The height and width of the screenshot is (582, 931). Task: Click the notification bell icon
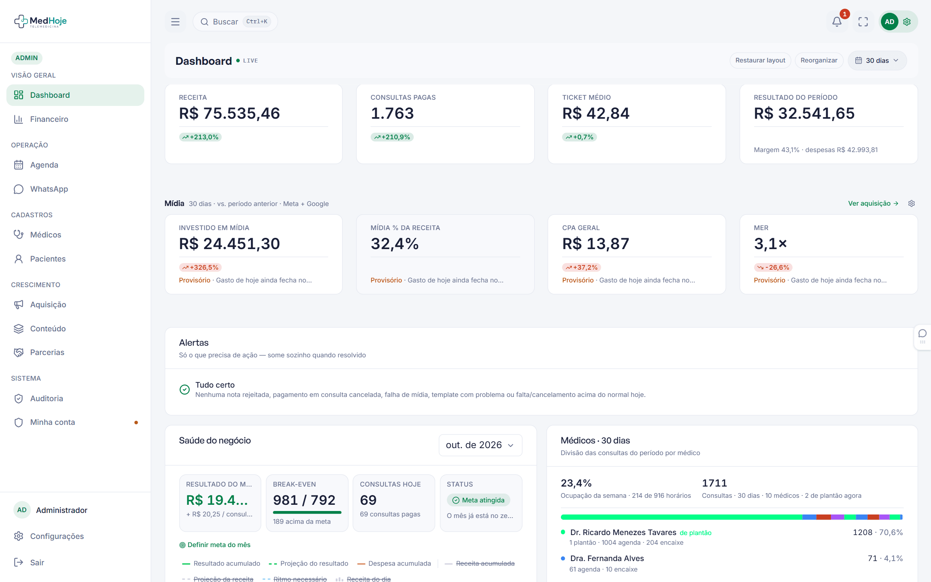[837, 22]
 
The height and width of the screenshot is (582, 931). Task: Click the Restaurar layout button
[760, 61]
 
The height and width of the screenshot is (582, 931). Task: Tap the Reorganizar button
[819, 61]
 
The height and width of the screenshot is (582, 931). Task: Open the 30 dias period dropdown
[877, 61]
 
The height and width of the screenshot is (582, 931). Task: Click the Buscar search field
[235, 22]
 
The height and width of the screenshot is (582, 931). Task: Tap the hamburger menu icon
[175, 22]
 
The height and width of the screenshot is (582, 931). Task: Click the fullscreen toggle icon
[863, 22]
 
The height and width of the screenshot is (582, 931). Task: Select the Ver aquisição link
[873, 203]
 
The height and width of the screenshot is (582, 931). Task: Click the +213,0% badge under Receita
[200, 137]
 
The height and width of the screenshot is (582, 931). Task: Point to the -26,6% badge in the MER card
[773, 267]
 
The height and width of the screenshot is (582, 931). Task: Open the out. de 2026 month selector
[480, 445]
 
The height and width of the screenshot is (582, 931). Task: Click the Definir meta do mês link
[215, 545]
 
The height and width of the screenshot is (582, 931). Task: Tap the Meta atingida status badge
[479, 500]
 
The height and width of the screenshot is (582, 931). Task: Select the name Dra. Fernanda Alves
[607, 558]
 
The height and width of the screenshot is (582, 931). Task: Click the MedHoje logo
[41, 21]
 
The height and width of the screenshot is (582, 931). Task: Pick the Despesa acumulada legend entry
[394, 563]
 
